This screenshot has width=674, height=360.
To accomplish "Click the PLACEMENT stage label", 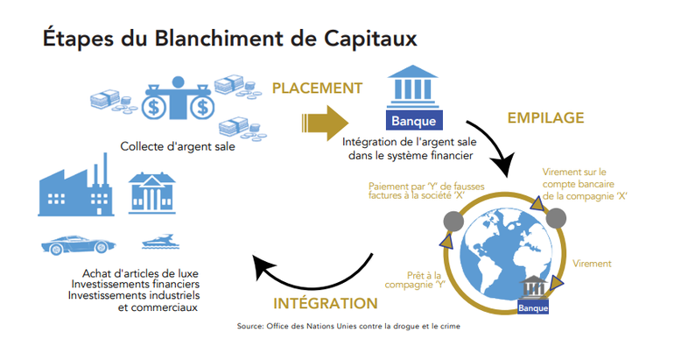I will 317,88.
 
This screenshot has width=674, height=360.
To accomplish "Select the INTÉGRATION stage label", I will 326,304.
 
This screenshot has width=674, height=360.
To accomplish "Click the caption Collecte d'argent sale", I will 179,145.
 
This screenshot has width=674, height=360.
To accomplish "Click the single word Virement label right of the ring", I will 592,264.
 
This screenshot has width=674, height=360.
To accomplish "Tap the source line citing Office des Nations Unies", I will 348,327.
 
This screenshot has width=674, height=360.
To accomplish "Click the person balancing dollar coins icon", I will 179,97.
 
